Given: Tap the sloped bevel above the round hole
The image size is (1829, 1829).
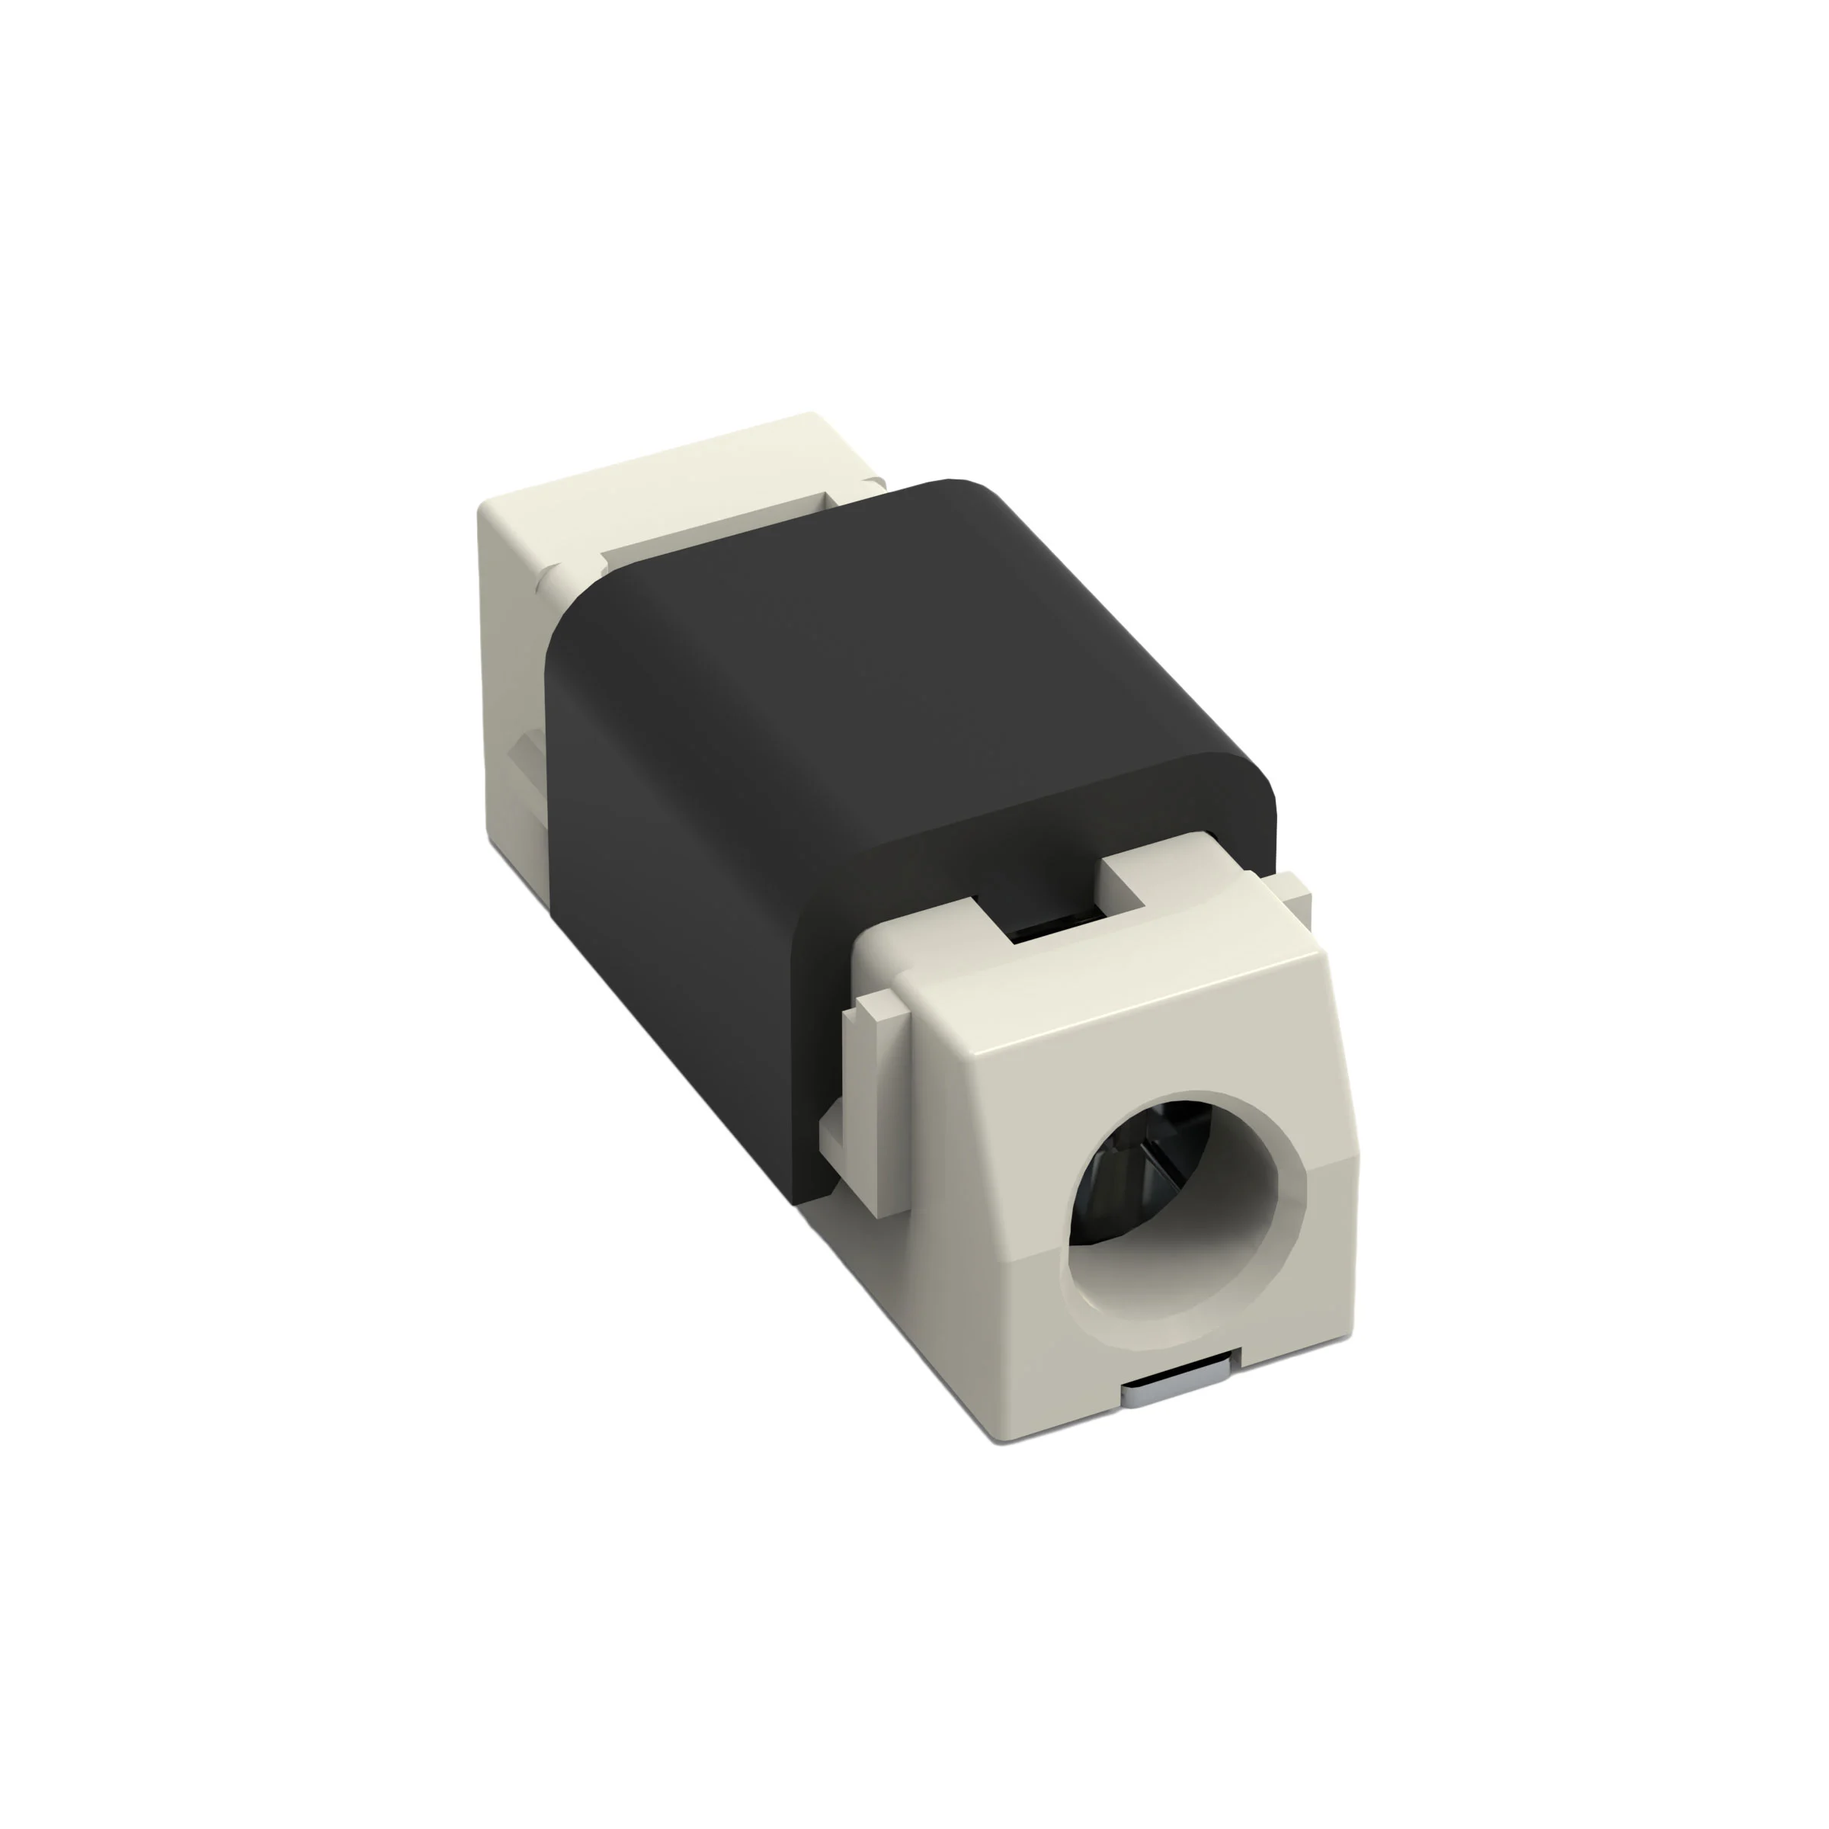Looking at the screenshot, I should [x=1136, y=1023].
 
